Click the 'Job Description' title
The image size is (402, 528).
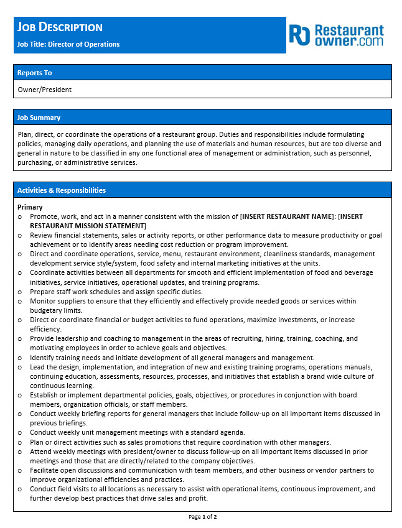60,27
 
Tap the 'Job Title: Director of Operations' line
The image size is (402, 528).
68,44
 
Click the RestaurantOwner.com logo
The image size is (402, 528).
337,35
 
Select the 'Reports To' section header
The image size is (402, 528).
35,73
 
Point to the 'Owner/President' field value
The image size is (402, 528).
45,90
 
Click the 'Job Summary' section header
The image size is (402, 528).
39,118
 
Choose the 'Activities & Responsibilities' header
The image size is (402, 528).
62,190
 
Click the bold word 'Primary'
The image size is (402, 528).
30,207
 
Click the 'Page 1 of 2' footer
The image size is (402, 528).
202,517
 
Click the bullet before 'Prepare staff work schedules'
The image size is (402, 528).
20,292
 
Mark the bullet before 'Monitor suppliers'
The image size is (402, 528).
20,301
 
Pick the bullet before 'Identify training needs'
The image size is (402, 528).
20,358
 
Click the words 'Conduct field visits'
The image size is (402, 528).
63,489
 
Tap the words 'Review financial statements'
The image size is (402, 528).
74,235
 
